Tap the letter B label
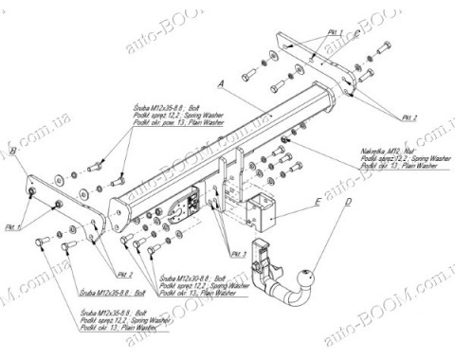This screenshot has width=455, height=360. pos(12,150)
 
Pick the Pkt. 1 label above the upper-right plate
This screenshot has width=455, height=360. pos(333,31)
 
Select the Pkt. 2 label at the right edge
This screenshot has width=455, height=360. pos(409,117)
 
